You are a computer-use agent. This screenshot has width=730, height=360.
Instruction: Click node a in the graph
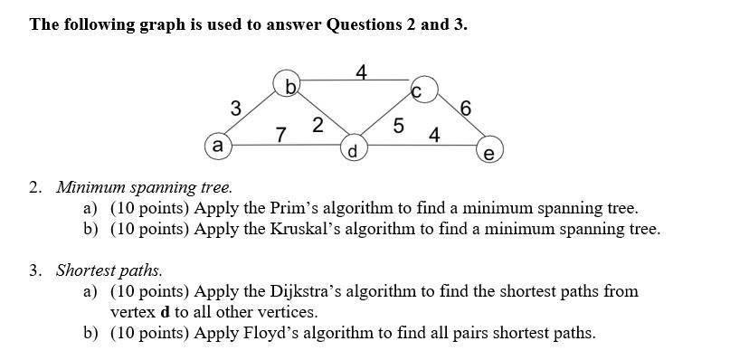click(217, 145)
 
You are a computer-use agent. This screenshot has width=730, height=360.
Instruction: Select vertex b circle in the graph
click(289, 84)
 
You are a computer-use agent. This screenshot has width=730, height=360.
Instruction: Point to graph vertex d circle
click(354, 149)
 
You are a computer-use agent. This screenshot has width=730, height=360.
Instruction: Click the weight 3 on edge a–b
click(235, 109)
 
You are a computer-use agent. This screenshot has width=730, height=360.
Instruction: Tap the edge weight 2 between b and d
click(318, 125)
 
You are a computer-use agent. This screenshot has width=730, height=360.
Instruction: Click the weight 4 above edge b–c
click(361, 71)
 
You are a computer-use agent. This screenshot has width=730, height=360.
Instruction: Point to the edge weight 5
click(398, 127)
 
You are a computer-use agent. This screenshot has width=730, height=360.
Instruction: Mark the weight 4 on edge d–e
click(435, 136)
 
